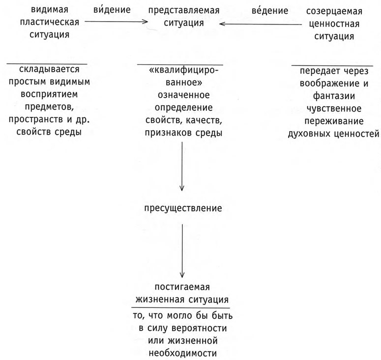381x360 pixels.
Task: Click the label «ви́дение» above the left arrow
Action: pyautogui.click(x=112, y=9)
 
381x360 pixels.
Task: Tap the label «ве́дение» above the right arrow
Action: pyautogui.click(x=270, y=10)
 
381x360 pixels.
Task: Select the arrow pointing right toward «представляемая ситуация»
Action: pyautogui.click(x=117, y=22)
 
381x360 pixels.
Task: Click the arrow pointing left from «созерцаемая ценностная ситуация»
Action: pyautogui.click(x=260, y=24)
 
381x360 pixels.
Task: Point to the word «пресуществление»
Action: pyautogui.click(x=183, y=208)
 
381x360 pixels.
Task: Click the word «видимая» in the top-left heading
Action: pyautogui.click(x=50, y=9)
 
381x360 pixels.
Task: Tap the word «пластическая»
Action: pyautogui.click(x=50, y=22)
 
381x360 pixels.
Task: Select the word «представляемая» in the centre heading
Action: pyautogui.click(x=184, y=10)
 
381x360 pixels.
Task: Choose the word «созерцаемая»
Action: pyautogui.click(x=334, y=11)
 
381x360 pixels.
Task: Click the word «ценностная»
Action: pyautogui.click(x=334, y=24)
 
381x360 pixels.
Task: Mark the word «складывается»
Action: pyautogui.click(x=49, y=69)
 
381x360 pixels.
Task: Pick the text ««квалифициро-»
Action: pyautogui.click(x=183, y=70)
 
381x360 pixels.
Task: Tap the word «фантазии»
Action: pyautogui.click(x=334, y=96)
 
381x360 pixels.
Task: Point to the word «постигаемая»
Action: pyautogui.click(x=182, y=287)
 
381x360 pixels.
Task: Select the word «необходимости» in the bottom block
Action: pyautogui.click(x=182, y=353)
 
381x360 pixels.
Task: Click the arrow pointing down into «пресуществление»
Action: pyautogui.click(x=182, y=166)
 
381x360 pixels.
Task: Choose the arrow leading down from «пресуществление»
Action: pyautogui.click(x=182, y=251)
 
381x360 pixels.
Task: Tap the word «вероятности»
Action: pyautogui.click(x=199, y=328)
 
